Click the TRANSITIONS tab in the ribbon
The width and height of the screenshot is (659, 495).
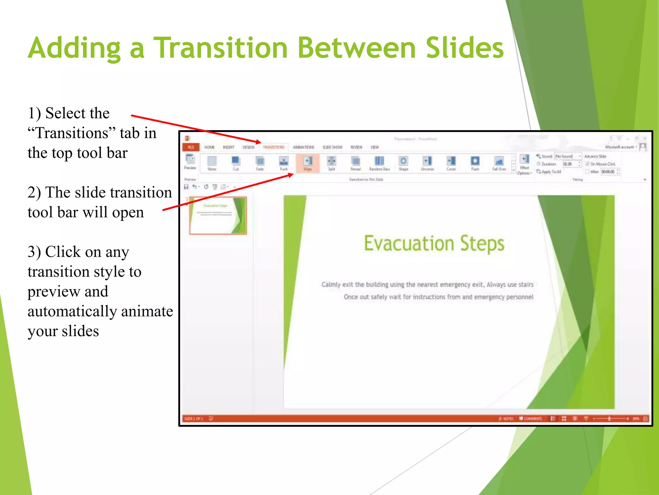pyautogui.click(x=274, y=147)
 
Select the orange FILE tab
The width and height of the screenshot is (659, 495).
pyautogui.click(x=191, y=147)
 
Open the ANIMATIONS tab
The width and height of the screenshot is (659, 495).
pyautogui.click(x=303, y=147)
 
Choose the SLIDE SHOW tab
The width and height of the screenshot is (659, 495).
pyautogui.click(x=332, y=147)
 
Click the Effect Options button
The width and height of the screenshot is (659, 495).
pyautogui.click(x=524, y=164)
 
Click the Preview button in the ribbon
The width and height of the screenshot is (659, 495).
pyautogui.click(x=190, y=161)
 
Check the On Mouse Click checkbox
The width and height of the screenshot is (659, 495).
pyautogui.click(x=587, y=164)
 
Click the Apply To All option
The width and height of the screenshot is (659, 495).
pyautogui.click(x=549, y=172)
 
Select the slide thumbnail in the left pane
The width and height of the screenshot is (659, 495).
pyautogui.click(x=218, y=215)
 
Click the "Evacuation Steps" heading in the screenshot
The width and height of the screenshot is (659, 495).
pyautogui.click(x=434, y=243)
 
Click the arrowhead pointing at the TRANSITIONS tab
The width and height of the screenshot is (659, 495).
pyautogui.click(x=259, y=142)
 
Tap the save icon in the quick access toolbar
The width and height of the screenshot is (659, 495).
pyautogui.click(x=186, y=187)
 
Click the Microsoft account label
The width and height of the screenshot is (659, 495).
pyautogui.click(x=619, y=147)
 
